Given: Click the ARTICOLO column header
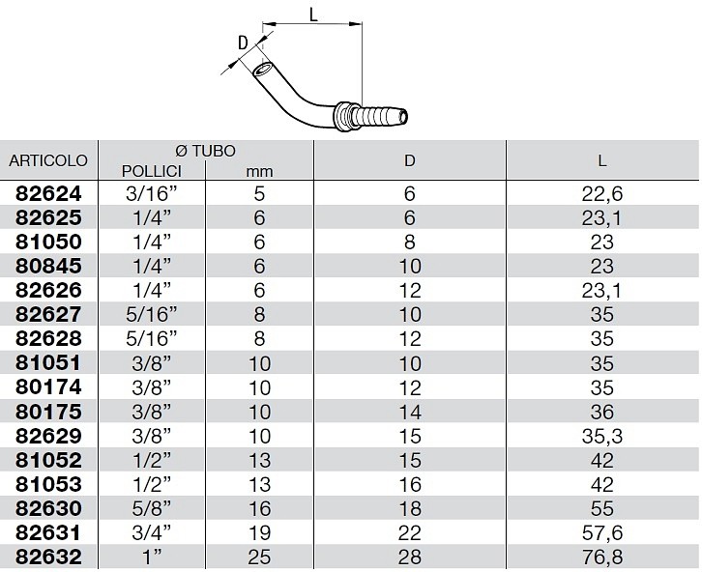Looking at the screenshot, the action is [48, 160].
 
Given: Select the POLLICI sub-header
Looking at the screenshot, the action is [152, 171].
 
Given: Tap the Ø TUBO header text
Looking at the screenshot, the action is [206, 151].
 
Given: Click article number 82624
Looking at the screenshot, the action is [48, 193].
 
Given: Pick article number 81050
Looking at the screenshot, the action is [48, 242].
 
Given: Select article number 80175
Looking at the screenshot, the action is [48, 412].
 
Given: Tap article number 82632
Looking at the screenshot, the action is [48, 557].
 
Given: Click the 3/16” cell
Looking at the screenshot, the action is [152, 193].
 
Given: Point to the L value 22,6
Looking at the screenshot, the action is [602, 194].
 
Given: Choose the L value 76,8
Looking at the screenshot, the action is [602, 558].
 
